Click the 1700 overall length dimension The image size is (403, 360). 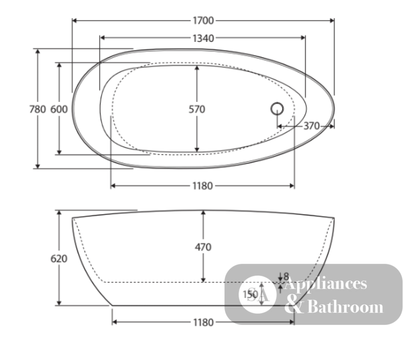point(203,21)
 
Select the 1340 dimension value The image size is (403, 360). point(203,38)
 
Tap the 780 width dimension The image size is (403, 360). point(37,109)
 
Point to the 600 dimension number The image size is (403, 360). point(59,109)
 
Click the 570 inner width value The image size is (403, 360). point(197,110)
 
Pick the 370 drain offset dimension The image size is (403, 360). point(312,126)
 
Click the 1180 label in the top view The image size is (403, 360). point(203,186)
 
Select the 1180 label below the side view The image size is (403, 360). point(203,322)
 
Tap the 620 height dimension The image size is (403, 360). point(59,259)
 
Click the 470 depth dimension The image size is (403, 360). point(203,247)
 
